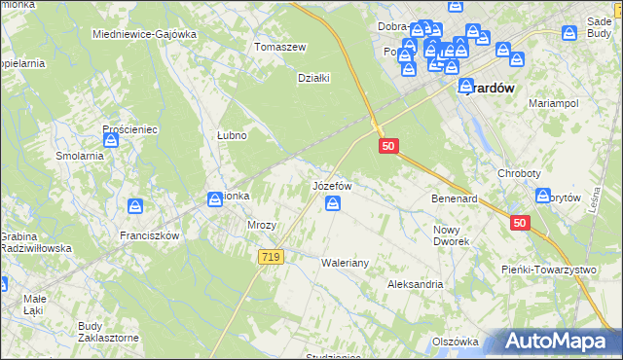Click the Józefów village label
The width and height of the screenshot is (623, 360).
tap(331, 185)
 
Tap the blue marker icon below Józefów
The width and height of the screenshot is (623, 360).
tap(333, 203)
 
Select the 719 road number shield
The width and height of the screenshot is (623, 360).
tap(272, 257)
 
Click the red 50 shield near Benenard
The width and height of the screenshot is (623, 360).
tap(520, 223)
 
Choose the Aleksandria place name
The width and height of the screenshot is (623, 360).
tap(415, 284)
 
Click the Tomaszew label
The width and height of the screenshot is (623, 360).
tap(279, 47)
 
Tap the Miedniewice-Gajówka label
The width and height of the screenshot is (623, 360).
tap(144, 34)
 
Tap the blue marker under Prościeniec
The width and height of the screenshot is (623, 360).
tap(112, 140)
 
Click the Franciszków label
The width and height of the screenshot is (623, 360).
tap(149, 235)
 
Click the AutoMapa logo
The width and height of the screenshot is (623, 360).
tap(555, 342)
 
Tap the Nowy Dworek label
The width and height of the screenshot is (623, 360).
tap(451, 235)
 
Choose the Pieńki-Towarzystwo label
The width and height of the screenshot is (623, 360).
tap(548, 269)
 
